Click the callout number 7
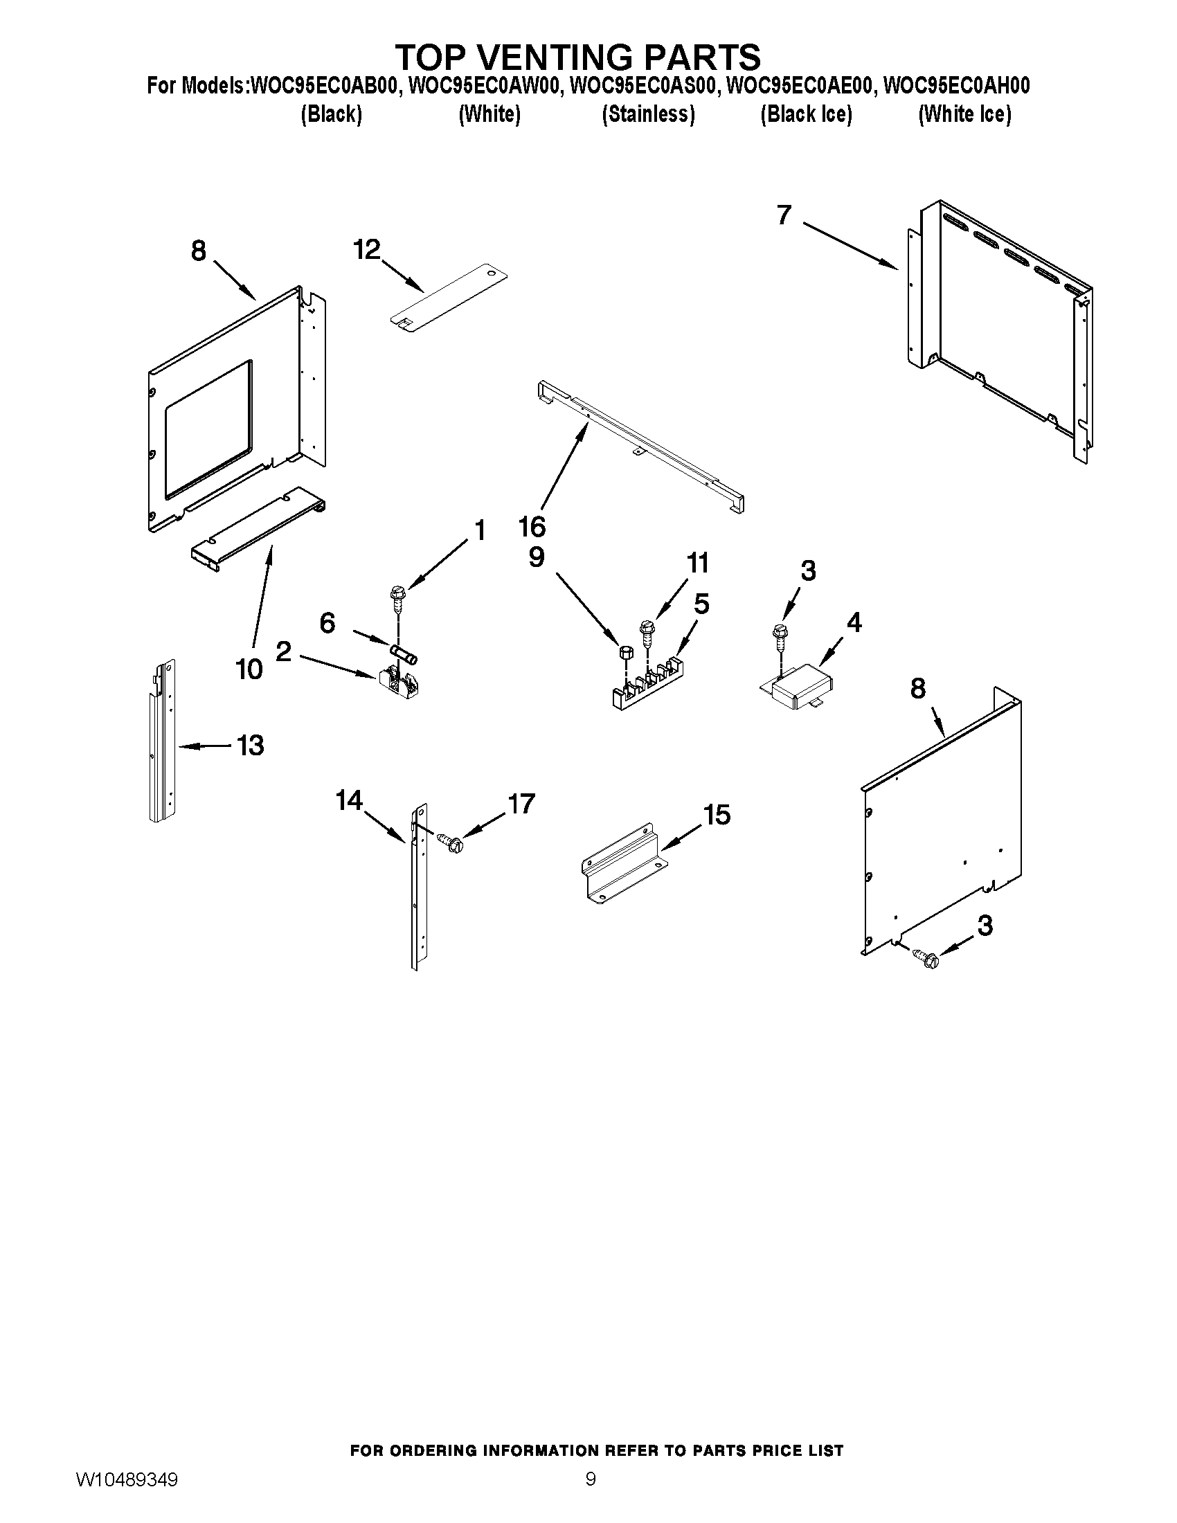point(784,215)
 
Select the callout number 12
point(367,249)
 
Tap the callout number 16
point(532,527)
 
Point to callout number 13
point(251,746)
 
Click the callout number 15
point(717,814)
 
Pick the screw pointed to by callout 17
point(451,842)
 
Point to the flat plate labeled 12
point(449,298)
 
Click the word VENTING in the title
point(574,56)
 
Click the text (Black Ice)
point(806,114)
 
